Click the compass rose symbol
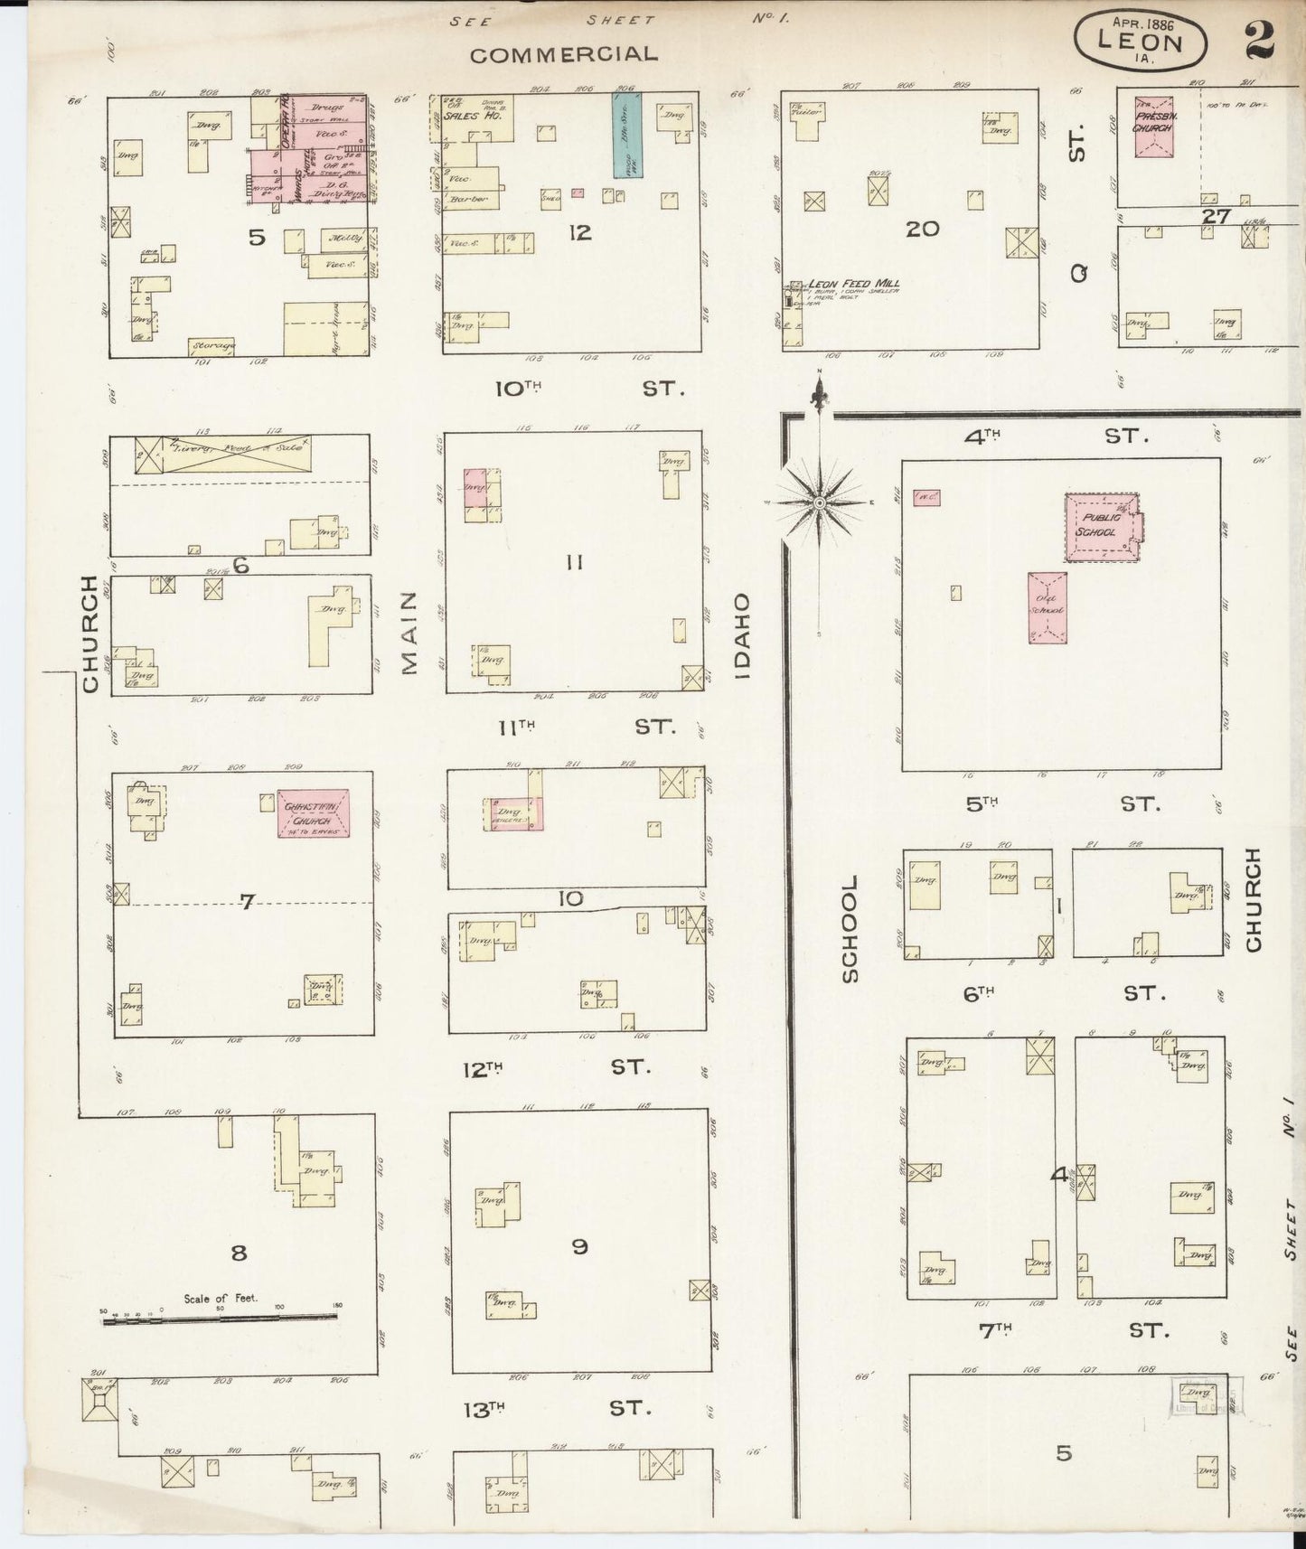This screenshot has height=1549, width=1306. click(818, 502)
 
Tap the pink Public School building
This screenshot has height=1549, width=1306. click(1101, 526)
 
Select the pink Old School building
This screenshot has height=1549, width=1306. click(1047, 607)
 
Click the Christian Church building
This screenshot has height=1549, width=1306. click(313, 812)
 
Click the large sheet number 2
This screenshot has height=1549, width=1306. click(1259, 40)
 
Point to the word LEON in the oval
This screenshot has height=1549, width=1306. click(1140, 42)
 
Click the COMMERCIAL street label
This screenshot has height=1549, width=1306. click(563, 54)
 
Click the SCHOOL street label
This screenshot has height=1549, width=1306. click(850, 927)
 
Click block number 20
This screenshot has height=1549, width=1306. click(922, 229)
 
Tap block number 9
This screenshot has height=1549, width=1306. click(579, 1246)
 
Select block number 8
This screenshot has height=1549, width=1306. click(239, 1253)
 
